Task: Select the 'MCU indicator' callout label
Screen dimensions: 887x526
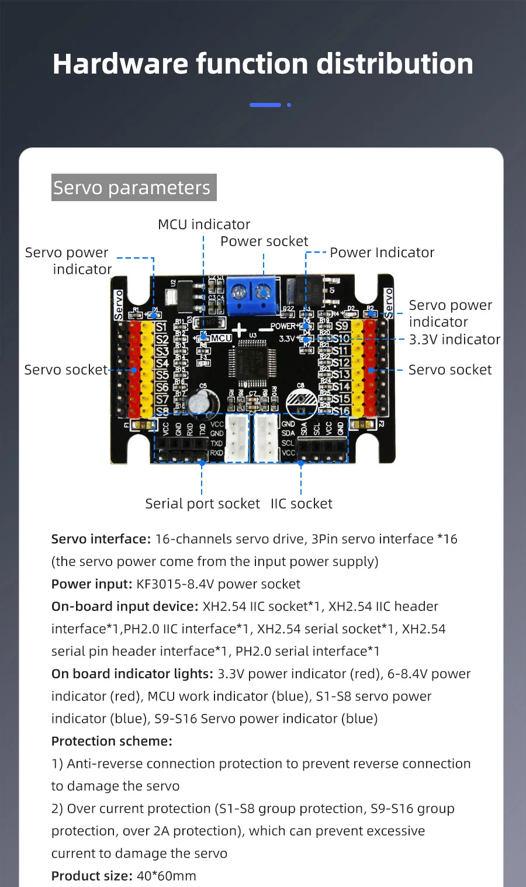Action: [x=204, y=225]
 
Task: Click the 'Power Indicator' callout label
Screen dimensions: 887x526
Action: [x=382, y=253]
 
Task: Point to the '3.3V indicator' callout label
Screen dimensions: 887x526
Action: [x=454, y=340]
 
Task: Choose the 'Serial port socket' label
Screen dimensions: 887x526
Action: [x=202, y=504]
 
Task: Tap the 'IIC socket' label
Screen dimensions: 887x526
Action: [x=301, y=504]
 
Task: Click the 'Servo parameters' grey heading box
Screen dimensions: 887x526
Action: [x=134, y=188]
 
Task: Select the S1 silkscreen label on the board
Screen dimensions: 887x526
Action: [x=162, y=327]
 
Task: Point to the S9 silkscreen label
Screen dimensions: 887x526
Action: [x=342, y=326]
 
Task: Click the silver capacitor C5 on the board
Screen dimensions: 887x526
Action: [x=205, y=402]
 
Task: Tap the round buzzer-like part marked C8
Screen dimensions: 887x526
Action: [x=302, y=403]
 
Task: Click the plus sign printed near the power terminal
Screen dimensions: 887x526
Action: [x=239, y=330]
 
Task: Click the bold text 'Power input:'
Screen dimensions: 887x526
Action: [x=92, y=584]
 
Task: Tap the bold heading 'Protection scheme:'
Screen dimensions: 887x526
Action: [x=112, y=741]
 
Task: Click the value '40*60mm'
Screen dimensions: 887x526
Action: [x=167, y=876]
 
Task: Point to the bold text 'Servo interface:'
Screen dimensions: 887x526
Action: [x=101, y=539]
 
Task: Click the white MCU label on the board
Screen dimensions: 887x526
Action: [x=222, y=339]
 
